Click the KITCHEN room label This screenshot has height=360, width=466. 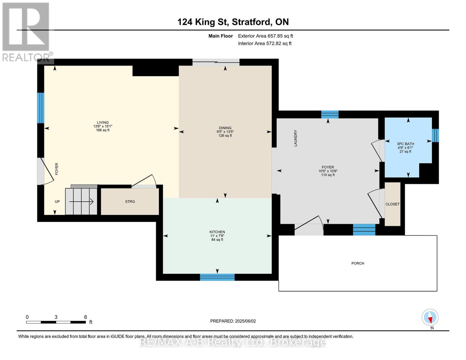click(x=217, y=232)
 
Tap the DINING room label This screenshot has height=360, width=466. click(x=225, y=128)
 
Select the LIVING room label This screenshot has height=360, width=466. click(x=103, y=122)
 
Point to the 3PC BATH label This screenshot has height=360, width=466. click(x=405, y=144)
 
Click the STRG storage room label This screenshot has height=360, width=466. click(x=130, y=202)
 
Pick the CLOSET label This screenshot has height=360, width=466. click(x=392, y=204)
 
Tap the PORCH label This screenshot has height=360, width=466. click(x=357, y=263)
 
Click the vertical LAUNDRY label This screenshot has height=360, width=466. click(x=295, y=138)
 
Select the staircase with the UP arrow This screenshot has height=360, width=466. click(x=81, y=201)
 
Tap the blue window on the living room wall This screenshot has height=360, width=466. click(x=41, y=108)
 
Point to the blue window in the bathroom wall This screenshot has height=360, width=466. click(x=435, y=135)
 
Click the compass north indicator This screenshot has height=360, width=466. click(x=430, y=317)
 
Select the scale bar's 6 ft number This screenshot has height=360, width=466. click(x=85, y=317)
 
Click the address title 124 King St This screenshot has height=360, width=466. click(x=203, y=22)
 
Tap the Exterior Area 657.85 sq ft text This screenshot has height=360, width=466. click(x=265, y=36)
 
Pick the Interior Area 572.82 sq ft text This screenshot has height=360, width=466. click(x=265, y=43)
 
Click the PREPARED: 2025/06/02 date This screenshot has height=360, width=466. click(x=233, y=321)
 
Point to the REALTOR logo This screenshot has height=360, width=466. click(x=27, y=32)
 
